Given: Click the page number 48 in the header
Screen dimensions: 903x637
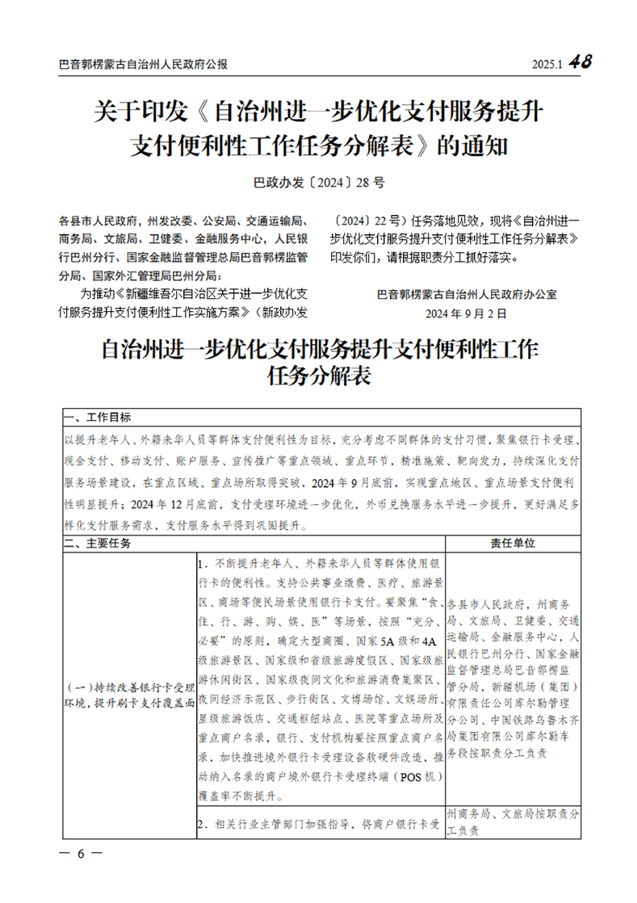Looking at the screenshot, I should [x=580, y=62].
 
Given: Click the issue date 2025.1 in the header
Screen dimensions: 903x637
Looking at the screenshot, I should [x=547, y=65].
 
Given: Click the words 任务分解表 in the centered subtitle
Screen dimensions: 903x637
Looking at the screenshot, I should [x=320, y=376].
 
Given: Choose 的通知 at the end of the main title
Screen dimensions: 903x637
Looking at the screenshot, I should [x=472, y=147].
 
